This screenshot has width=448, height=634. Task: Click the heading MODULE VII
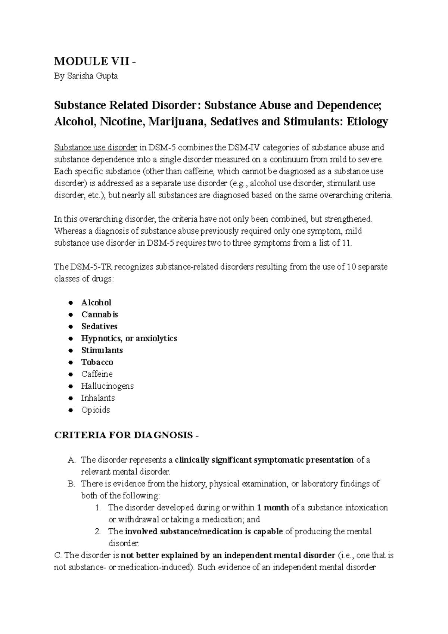[x=91, y=61]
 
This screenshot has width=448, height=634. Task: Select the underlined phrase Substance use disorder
[x=96, y=147]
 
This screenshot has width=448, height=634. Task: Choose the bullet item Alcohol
[x=96, y=302]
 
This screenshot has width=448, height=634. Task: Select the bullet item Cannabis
[x=100, y=314]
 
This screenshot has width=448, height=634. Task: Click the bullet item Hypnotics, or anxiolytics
[x=129, y=338]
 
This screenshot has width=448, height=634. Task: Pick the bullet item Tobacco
[x=97, y=362]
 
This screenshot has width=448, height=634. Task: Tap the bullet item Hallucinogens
[x=107, y=386]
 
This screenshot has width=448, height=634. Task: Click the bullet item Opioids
[x=96, y=410]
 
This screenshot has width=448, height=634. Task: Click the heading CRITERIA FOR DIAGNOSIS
[x=124, y=435]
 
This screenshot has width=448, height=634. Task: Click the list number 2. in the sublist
[x=98, y=532]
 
